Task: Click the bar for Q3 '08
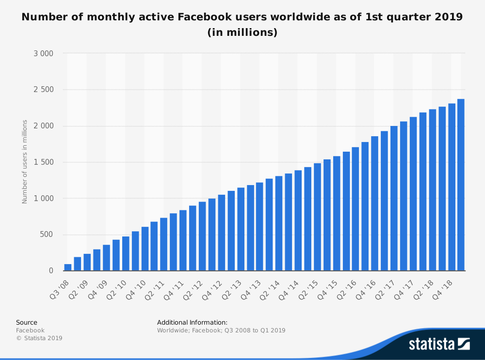click(68, 267)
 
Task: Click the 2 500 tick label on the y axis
click(43, 90)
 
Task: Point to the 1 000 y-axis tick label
click(43, 198)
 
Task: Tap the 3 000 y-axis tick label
click(43, 53)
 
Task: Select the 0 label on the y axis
click(51, 270)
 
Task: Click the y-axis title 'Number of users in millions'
click(25, 162)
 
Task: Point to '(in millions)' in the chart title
click(242, 33)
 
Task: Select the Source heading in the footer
click(27, 322)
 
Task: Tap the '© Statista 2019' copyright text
click(39, 338)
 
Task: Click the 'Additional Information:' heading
click(192, 322)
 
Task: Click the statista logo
click(439, 344)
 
